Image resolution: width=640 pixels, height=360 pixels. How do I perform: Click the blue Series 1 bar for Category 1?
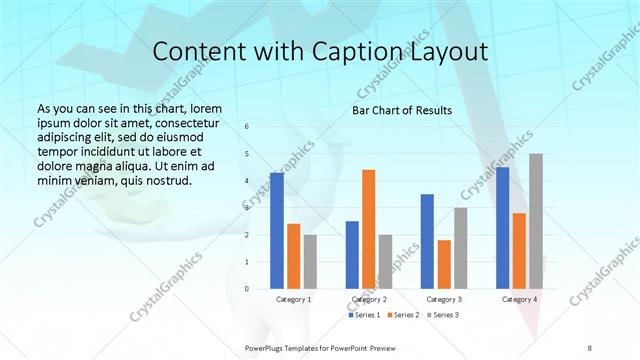click(x=277, y=231)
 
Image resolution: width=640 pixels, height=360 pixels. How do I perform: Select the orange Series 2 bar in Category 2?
click(x=368, y=229)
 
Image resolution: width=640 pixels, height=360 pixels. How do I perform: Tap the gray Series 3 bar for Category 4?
click(x=536, y=221)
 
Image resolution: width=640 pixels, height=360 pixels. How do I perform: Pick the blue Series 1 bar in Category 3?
click(x=427, y=241)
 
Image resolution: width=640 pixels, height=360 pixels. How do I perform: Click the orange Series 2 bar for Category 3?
click(x=444, y=264)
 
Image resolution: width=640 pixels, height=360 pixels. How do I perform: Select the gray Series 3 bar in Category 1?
click(x=310, y=262)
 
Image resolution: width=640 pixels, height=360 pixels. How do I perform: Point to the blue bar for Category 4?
click(x=502, y=228)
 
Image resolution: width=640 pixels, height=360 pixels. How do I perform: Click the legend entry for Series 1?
click(x=364, y=315)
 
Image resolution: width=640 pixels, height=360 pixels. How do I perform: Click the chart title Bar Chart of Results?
click(x=401, y=110)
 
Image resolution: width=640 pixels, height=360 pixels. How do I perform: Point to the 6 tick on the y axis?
click(x=247, y=127)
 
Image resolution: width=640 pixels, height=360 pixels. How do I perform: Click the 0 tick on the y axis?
click(x=247, y=289)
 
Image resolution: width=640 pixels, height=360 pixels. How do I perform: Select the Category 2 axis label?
click(x=368, y=299)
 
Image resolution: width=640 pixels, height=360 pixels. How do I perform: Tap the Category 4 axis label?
click(x=519, y=299)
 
